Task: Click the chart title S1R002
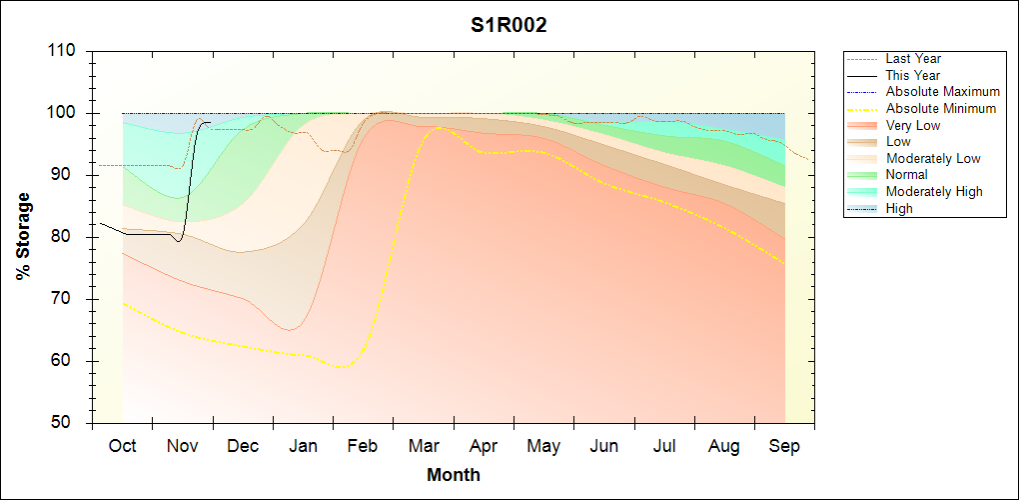pos(509,26)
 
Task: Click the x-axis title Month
pos(454,475)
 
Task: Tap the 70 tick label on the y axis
pos(66,299)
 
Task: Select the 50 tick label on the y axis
pos(66,423)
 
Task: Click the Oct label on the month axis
pos(122,446)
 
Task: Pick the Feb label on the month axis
pos(363,446)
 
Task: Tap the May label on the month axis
pos(543,446)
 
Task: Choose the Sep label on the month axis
pos(784,446)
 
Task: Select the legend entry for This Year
pos(912,75)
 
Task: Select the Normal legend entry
pos(906,175)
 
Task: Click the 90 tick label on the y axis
pos(66,175)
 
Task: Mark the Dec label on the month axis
pos(243,446)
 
